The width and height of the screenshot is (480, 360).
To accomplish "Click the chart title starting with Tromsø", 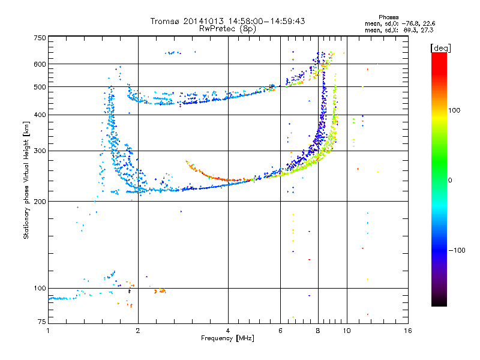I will (x=227, y=20).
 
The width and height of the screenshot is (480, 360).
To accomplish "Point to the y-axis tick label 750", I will (x=40, y=37).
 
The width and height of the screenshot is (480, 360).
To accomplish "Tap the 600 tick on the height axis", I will (x=40, y=64).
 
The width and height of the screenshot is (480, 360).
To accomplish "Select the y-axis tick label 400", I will (x=40, y=115).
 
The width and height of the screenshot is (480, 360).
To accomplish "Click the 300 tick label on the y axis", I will (x=40, y=151).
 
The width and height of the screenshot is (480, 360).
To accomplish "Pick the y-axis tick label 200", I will (x=40, y=201).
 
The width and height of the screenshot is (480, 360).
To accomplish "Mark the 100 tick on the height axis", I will (x=40, y=288).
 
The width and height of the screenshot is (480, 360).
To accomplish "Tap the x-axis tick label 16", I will (x=407, y=331).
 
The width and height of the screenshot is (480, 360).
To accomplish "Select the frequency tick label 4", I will (x=228, y=331).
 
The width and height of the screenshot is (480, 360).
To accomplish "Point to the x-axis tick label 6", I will (x=281, y=331).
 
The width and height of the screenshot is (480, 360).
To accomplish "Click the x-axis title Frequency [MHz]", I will (x=227, y=338).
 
